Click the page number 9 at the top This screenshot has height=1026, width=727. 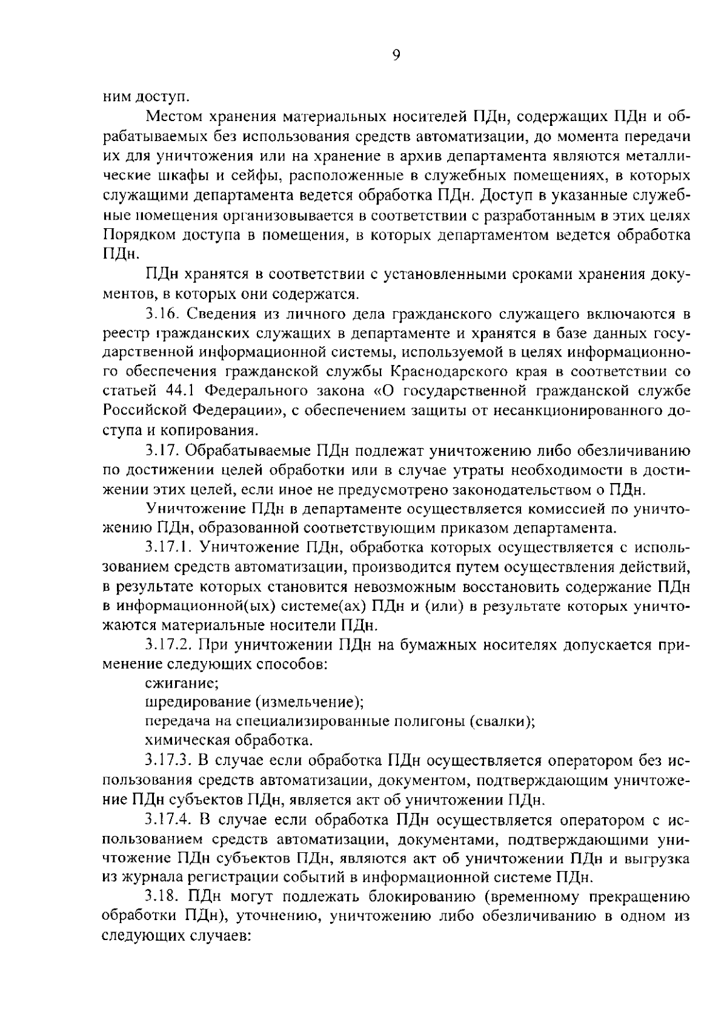pyautogui.click(x=396, y=56)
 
